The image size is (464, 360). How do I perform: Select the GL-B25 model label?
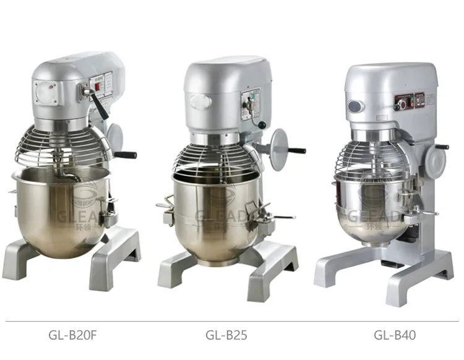pos(226,335)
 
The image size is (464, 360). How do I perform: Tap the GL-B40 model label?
pos(395,335)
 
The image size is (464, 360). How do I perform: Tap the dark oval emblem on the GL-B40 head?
pos(355,106)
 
